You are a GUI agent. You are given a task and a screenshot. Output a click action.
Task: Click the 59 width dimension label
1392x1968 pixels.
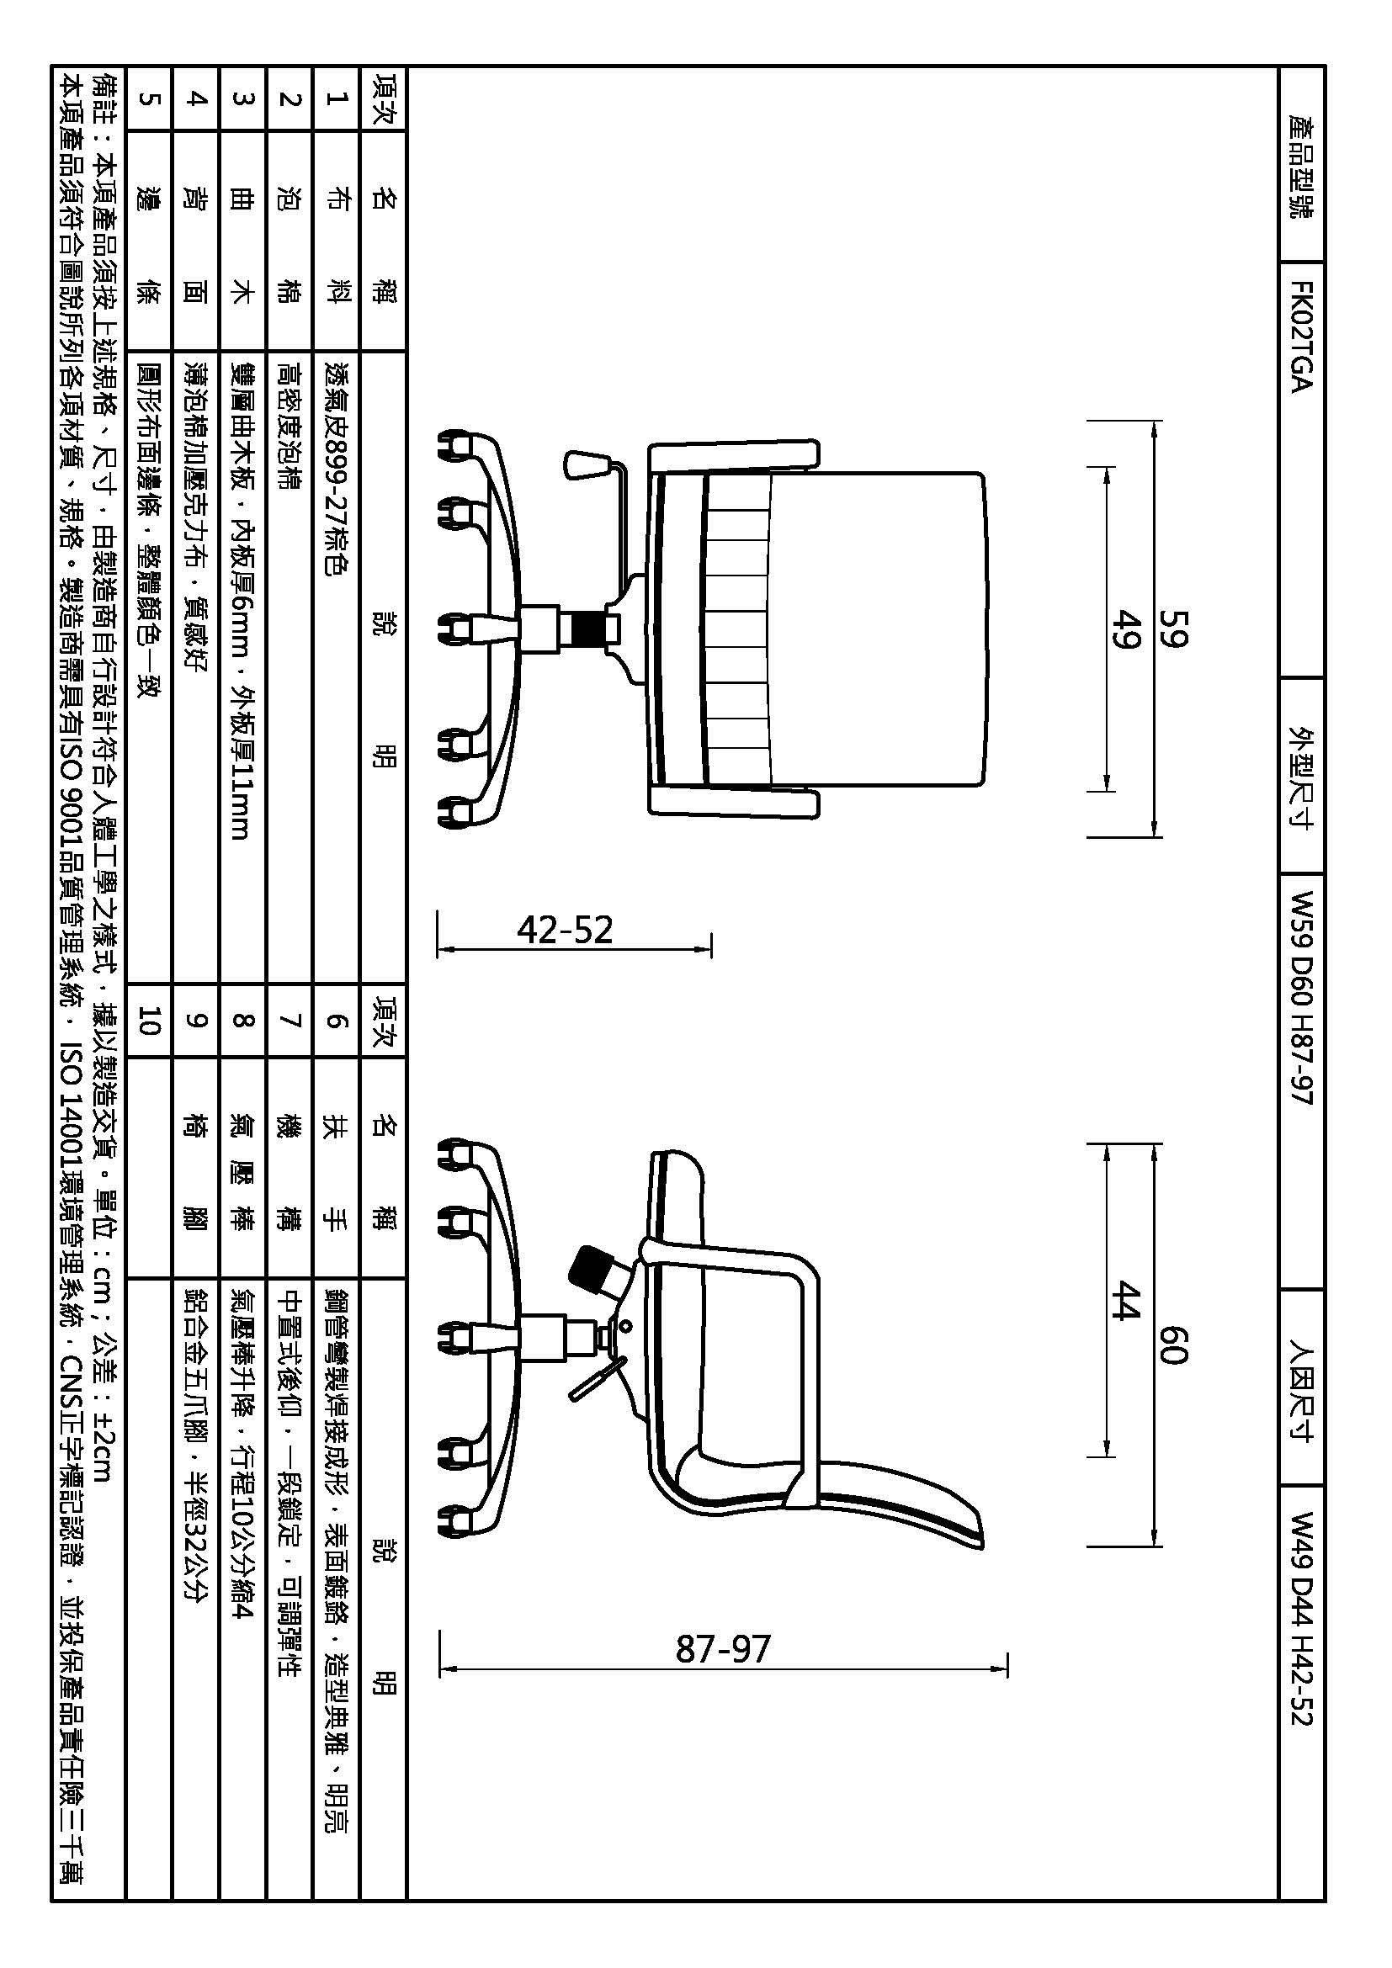tap(1175, 629)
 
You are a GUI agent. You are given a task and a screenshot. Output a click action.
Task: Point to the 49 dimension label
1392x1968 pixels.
tap(1125, 629)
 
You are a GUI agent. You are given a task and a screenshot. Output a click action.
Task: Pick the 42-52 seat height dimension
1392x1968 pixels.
tap(565, 930)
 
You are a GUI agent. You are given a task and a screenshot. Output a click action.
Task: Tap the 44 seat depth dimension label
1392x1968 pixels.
tap(1125, 1300)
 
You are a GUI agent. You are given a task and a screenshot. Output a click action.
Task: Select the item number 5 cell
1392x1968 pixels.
tap(148, 99)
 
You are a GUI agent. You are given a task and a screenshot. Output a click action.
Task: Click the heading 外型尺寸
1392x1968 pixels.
tap(1300, 776)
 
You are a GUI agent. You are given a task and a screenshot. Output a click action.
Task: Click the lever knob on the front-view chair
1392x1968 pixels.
tap(587, 464)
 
